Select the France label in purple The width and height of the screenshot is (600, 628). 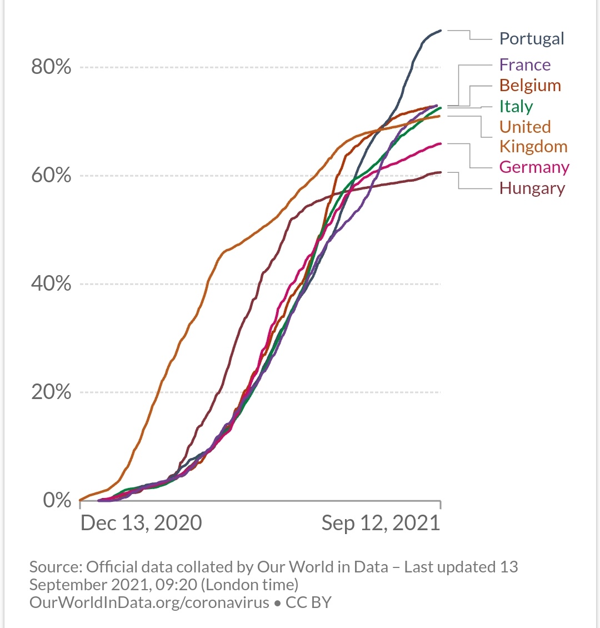coord(524,65)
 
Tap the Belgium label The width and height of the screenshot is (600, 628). coord(529,86)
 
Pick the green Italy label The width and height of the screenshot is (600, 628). coord(516,106)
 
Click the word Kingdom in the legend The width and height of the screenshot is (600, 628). coord(533,147)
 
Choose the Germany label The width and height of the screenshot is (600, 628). coord(534,167)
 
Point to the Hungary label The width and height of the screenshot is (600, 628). coord(532,188)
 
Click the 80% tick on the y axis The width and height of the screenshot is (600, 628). coord(51,67)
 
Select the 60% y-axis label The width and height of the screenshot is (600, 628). coord(51,176)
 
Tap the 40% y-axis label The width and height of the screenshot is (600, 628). coord(51,284)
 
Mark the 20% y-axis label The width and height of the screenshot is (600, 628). coord(51,392)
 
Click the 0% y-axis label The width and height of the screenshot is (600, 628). coord(57,500)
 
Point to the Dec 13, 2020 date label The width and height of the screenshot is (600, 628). coord(141,523)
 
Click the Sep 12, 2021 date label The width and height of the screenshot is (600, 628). coord(381,523)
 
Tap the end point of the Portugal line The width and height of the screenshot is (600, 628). coord(441,31)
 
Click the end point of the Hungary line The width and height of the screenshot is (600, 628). coord(441,172)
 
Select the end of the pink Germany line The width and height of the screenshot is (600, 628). coord(441,143)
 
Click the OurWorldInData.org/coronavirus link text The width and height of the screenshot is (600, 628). coord(149,602)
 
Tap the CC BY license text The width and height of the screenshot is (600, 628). coord(308,602)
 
